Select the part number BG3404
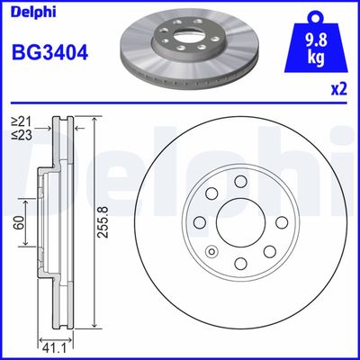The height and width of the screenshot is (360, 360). coord(49,52)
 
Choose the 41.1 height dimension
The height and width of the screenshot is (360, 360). coord(54,346)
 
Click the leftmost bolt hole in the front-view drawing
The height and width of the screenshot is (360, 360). coord(200,223)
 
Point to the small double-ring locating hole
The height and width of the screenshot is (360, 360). coord(212,253)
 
